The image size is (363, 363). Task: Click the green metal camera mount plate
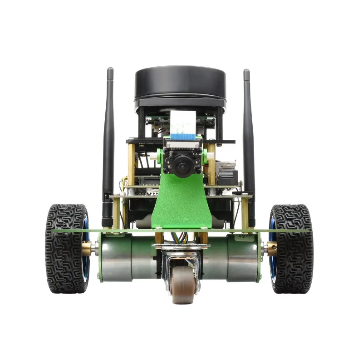click(x=181, y=204)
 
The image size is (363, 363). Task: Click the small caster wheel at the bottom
click(x=183, y=284)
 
